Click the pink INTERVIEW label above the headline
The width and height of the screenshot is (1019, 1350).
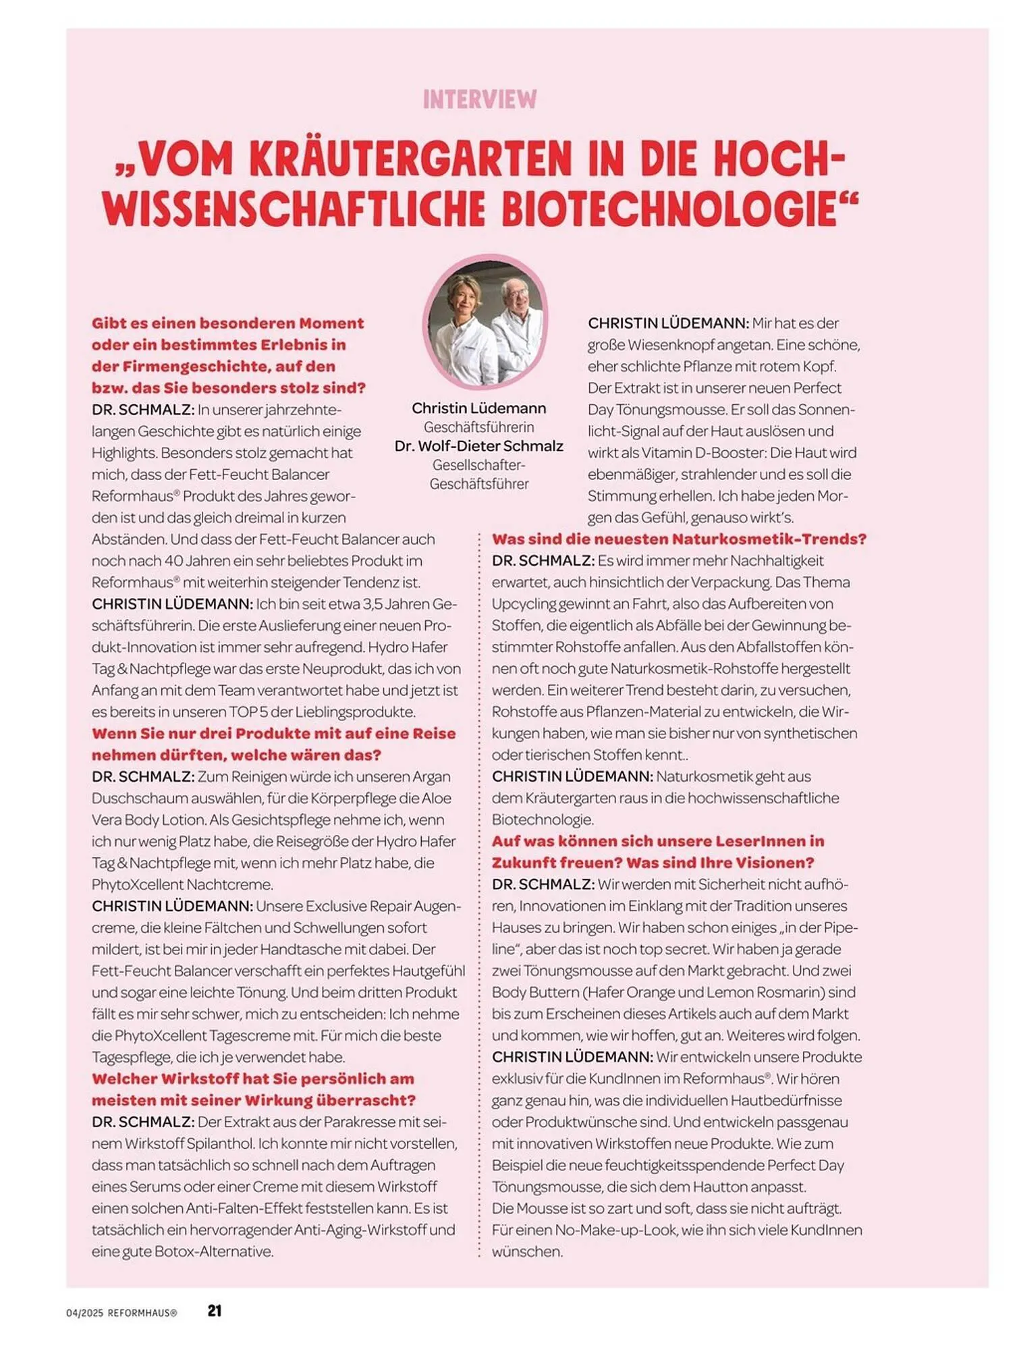[x=480, y=100]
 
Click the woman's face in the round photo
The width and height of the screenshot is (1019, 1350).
[x=464, y=299]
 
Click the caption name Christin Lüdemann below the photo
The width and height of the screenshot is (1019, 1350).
[x=479, y=408]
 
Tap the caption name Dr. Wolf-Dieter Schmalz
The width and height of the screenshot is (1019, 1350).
[x=479, y=446]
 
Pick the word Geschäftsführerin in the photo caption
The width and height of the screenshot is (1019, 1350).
[x=479, y=427]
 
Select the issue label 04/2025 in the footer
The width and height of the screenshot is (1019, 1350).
[x=84, y=1313]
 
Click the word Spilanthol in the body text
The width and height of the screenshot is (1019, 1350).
[x=220, y=1143]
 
